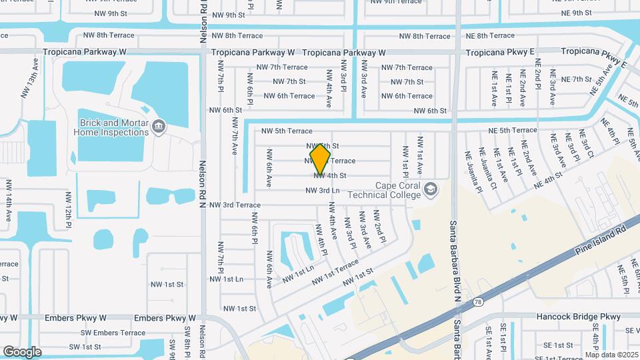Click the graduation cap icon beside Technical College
431,190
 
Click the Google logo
23,351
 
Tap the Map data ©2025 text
611,355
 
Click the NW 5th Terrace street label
287,131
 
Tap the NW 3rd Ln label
323,191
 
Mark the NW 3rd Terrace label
232,205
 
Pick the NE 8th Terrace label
490,35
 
